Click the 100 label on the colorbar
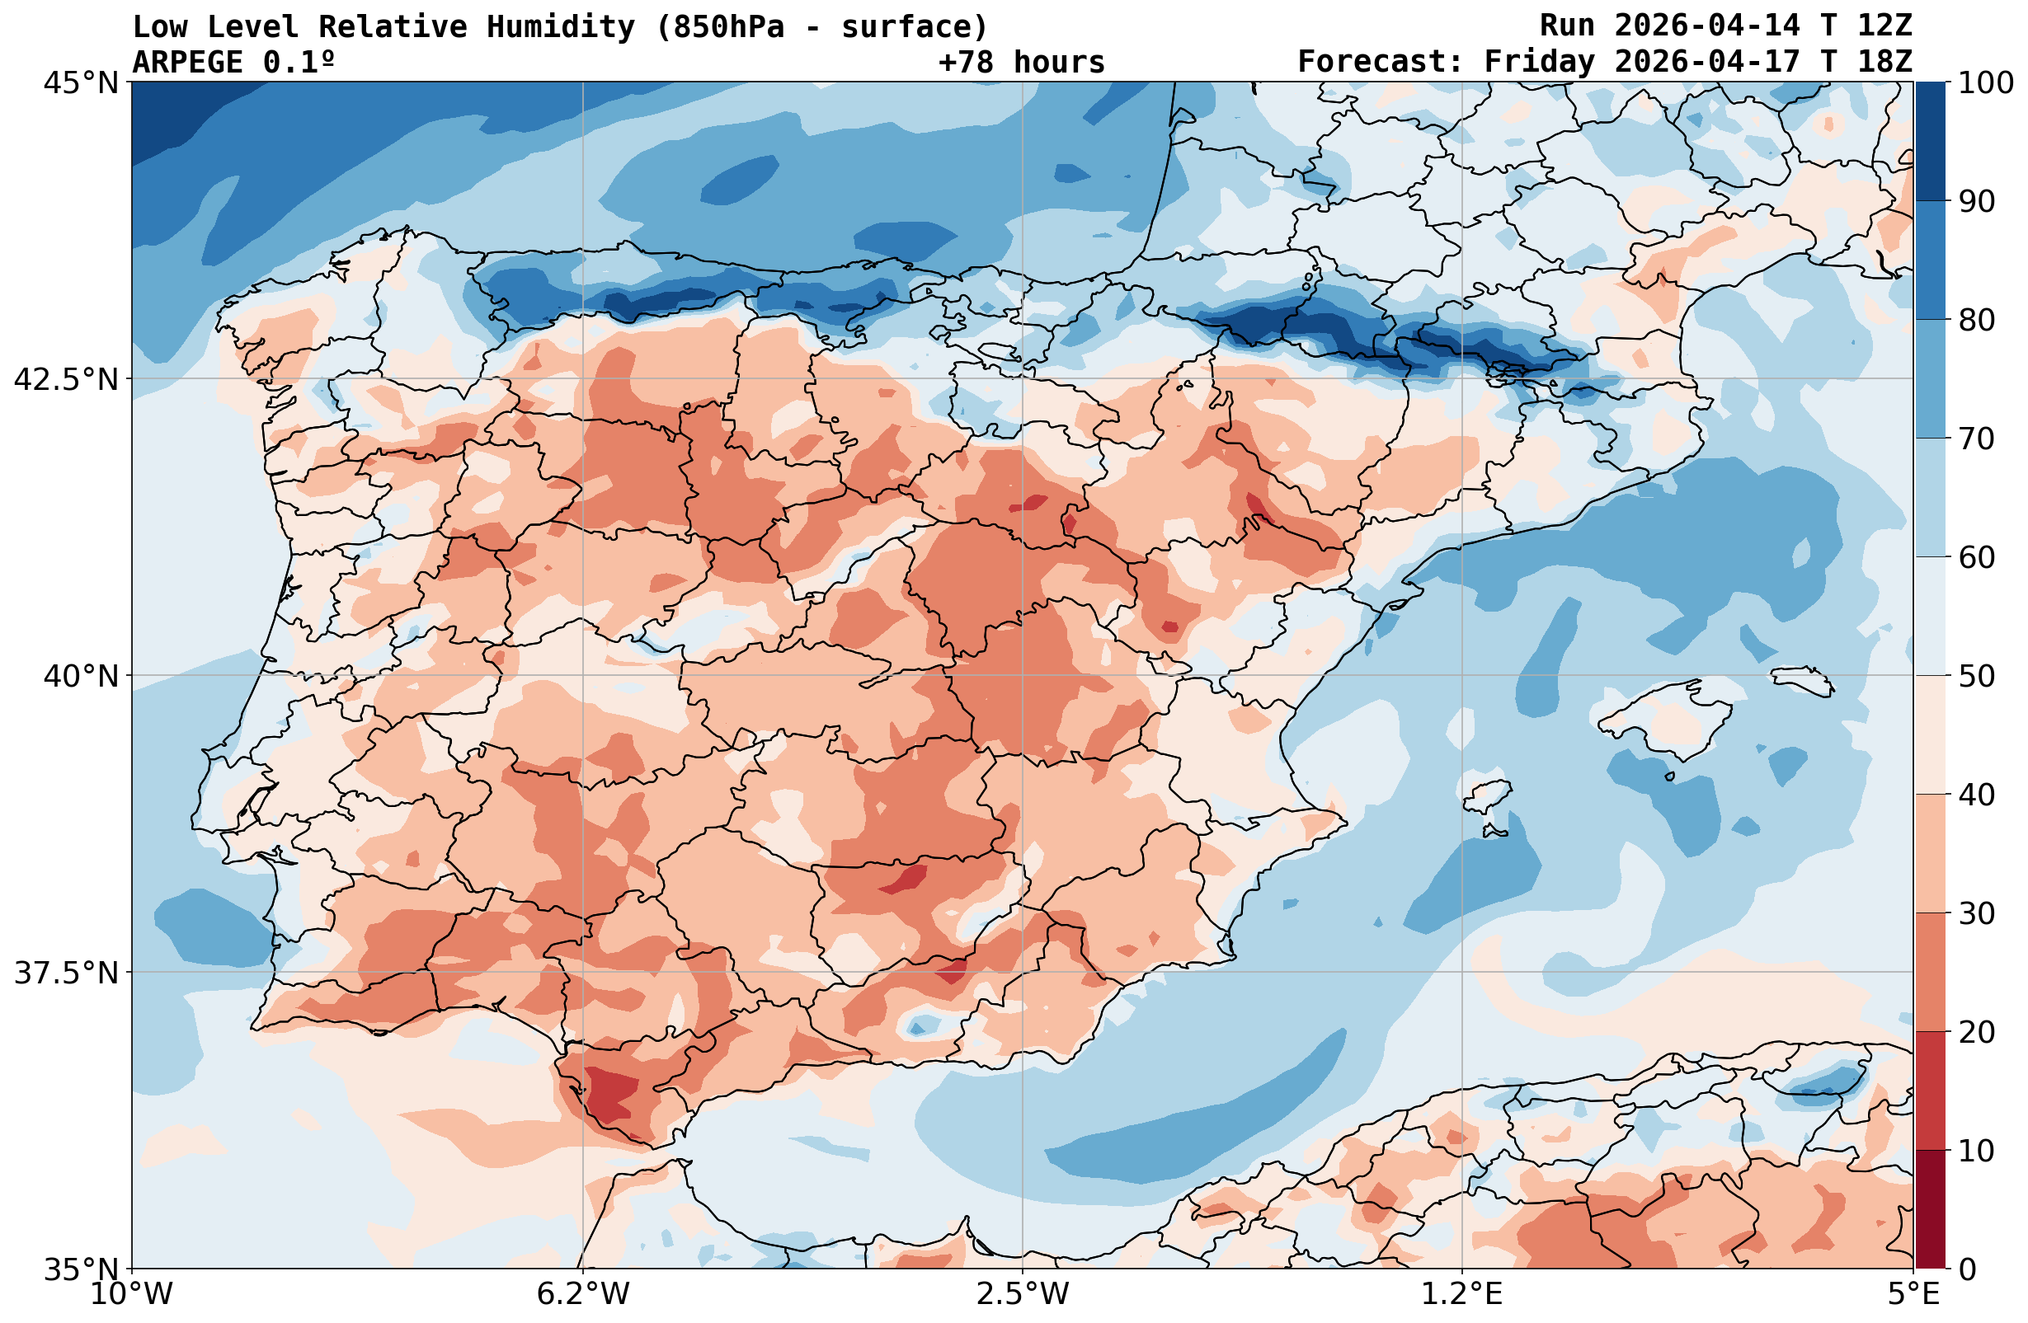(x=1985, y=82)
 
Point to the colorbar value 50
(x=1977, y=677)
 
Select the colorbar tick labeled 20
(x=1977, y=1033)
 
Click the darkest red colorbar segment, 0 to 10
(x=1930, y=1210)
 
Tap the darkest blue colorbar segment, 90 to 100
(x=1930, y=142)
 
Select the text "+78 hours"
(x=1022, y=62)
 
